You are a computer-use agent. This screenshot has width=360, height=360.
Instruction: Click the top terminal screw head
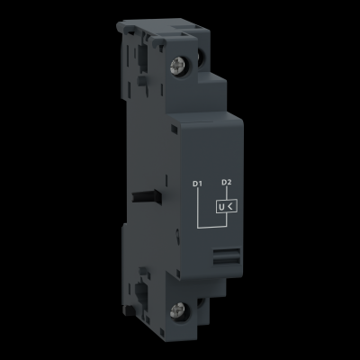click(x=176, y=65)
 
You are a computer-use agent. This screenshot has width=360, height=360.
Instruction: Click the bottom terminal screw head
click(x=176, y=310)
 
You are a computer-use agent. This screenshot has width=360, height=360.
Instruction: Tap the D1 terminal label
click(x=197, y=184)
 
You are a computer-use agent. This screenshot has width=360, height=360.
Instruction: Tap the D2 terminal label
click(x=226, y=182)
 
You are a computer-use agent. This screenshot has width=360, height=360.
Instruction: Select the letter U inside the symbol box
click(x=221, y=207)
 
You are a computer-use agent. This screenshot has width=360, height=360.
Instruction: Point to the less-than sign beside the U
click(x=231, y=206)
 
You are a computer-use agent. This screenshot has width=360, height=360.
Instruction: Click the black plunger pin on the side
click(x=147, y=197)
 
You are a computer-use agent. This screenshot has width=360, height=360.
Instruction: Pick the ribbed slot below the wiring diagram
click(x=227, y=256)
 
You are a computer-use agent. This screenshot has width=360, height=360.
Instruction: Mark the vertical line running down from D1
click(x=197, y=207)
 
